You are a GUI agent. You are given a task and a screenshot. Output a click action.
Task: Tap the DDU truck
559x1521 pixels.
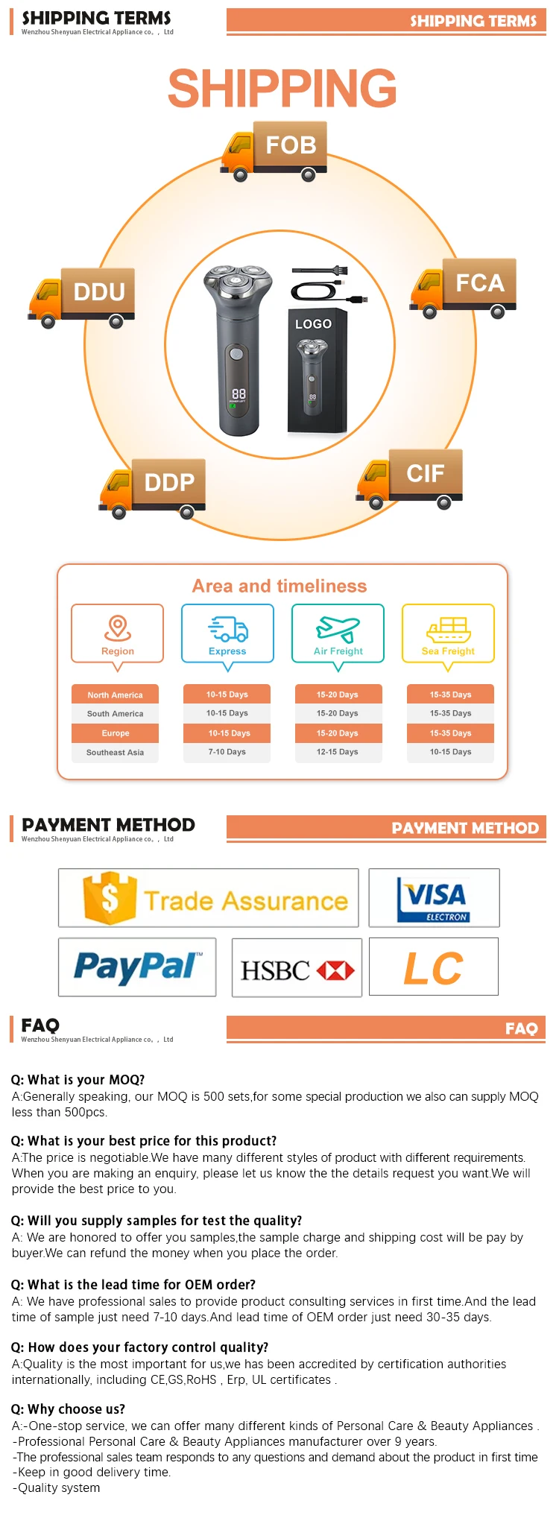click(x=82, y=297)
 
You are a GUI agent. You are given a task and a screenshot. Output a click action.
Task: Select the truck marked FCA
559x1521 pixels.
click(x=463, y=288)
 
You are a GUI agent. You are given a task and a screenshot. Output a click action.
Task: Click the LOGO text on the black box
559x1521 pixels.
click(x=313, y=324)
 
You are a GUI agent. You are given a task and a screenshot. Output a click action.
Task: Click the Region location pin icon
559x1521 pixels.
click(x=118, y=627)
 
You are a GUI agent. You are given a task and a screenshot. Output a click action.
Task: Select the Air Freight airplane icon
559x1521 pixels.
click(x=338, y=628)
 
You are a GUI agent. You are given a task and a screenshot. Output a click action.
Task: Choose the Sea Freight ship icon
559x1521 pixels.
click(x=448, y=629)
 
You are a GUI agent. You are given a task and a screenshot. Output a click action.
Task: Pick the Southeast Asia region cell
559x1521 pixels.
click(x=116, y=753)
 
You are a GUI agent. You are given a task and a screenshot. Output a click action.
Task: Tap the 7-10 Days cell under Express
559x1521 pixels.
click(x=227, y=752)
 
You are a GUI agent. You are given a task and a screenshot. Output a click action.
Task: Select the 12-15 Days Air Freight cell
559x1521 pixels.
click(x=338, y=752)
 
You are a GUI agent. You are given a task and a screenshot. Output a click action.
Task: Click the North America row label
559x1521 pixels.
click(x=116, y=695)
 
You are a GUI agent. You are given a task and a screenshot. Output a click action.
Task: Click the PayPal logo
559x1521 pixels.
click(x=137, y=967)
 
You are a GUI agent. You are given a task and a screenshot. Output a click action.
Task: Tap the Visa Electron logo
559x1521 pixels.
click(x=435, y=898)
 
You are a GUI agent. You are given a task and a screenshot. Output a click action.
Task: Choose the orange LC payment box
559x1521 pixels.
click(x=434, y=967)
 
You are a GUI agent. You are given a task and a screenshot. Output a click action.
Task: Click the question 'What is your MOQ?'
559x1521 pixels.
click(x=78, y=1080)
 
